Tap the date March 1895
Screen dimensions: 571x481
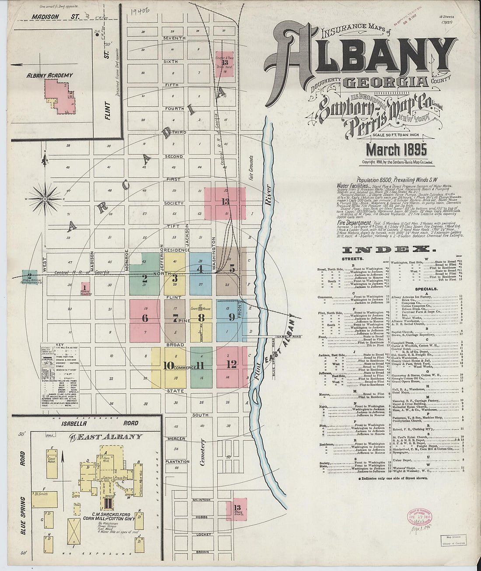pos(396,150)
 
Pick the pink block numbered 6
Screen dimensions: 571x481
pos(145,319)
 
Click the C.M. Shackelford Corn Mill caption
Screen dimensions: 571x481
pos(108,516)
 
